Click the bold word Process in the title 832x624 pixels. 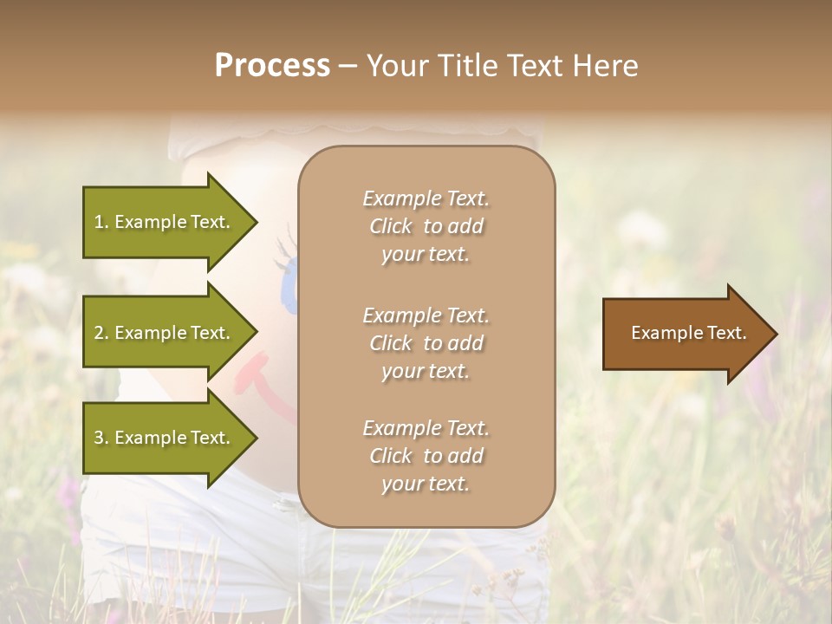tap(272, 66)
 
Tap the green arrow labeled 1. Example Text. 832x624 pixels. tap(165, 222)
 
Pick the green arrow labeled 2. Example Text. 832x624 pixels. tap(165, 333)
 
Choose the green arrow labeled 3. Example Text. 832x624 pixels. tap(165, 438)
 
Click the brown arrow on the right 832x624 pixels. tap(685, 334)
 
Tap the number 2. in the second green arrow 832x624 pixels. tap(101, 333)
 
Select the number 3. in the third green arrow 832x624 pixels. tap(101, 438)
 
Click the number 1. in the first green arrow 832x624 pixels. tap(101, 222)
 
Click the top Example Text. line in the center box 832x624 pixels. tap(426, 198)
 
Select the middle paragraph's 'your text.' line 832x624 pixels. tap(426, 371)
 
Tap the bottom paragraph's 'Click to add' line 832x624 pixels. tap(426, 456)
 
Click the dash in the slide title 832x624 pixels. tap(348, 67)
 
